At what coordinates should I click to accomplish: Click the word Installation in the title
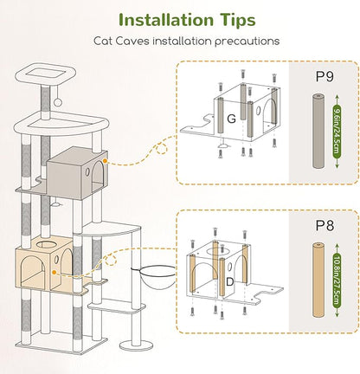[x=166, y=20]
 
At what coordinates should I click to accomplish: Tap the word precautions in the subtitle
[x=247, y=42]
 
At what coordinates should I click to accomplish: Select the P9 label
[x=325, y=77]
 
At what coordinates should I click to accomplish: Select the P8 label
[x=325, y=225]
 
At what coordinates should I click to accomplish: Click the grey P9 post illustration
[x=319, y=131]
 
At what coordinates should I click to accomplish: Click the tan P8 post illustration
[x=318, y=280]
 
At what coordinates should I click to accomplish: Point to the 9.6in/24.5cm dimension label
[x=337, y=132]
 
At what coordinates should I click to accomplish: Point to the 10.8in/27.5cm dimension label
[x=337, y=280]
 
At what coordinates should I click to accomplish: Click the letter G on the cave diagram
[x=231, y=119]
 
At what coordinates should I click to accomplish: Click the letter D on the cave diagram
[x=229, y=282]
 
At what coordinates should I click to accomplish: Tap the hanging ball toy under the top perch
[x=58, y=102]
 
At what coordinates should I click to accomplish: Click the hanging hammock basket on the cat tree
[x=154, y=277]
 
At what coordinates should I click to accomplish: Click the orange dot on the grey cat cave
[x=105, y=161]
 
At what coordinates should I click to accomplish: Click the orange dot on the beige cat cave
[x=54, y=272]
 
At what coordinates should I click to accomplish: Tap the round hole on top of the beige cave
[x=47, y=245]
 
